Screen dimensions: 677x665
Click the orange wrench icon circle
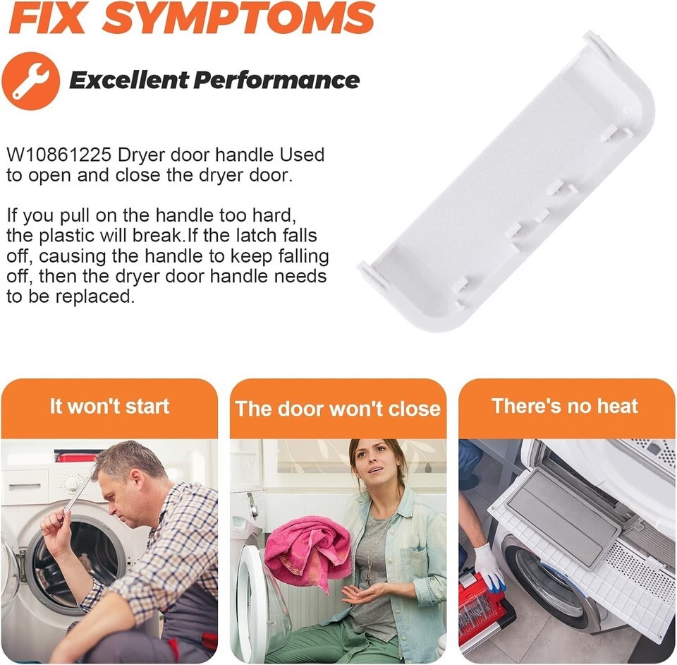click(30, 81)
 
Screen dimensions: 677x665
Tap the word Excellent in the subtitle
click(128, 80)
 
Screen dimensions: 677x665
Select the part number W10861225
click(59, 155)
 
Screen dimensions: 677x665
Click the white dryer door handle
click(506, 181)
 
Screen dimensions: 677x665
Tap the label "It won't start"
click(109, 406)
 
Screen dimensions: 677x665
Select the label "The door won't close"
click(338, 408)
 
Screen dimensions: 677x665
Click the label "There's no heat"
click(565, 406)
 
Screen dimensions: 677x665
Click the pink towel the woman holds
click(307, 551)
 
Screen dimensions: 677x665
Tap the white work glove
click(489, 567)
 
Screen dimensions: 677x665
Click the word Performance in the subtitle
click(276, 80)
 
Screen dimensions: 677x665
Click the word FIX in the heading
click(47, 18)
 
